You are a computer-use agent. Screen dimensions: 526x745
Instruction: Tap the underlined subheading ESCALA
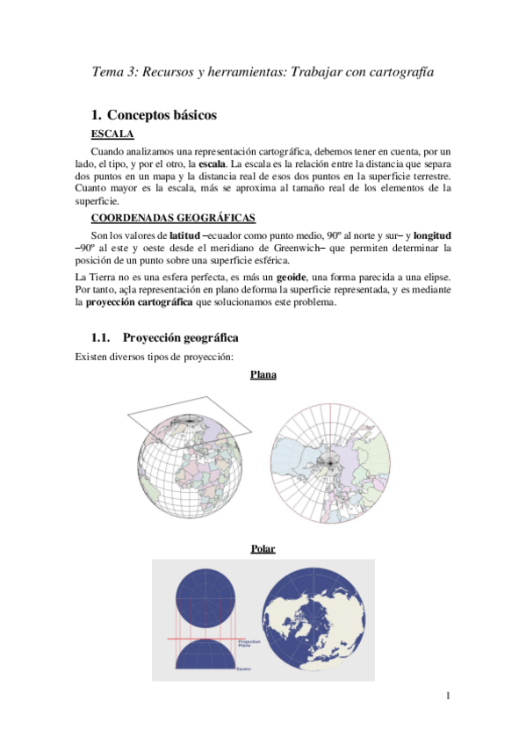pyautogui.click(x=112, y=134)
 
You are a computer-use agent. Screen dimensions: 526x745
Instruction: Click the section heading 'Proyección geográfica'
pyautogui.click(x=180, y=337)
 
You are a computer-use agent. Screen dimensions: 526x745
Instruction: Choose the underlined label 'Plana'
pyautogui.click(x=263, y=375)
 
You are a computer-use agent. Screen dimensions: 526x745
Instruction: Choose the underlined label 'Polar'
pyautogui.click(x=263, y=549)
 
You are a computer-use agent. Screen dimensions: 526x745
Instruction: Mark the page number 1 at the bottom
pyautogui.click(x=447, y=698)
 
